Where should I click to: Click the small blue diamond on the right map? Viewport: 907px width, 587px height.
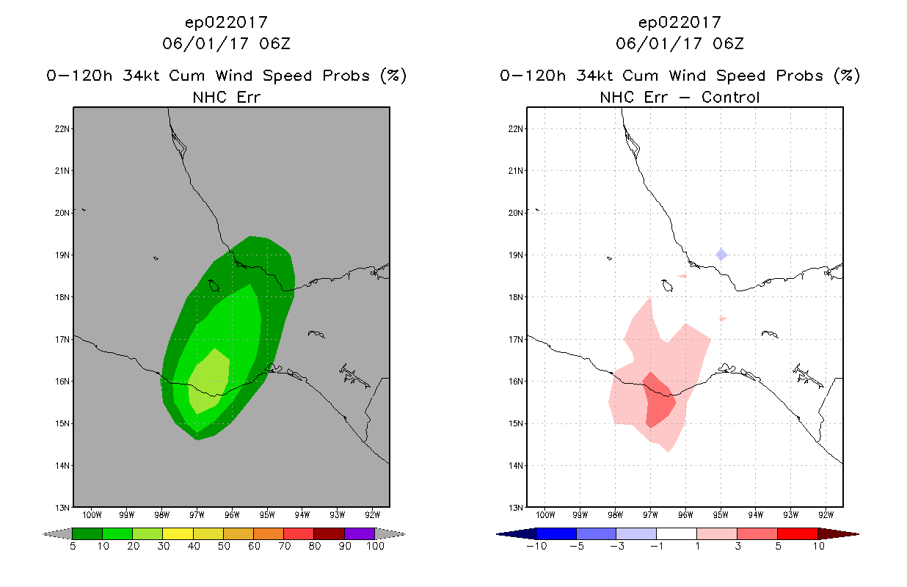(721, 255)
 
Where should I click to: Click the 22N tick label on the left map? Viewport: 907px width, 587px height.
(62, 128)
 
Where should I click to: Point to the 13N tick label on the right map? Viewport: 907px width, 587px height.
(515, 508)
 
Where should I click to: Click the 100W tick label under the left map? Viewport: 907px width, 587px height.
(92, 515)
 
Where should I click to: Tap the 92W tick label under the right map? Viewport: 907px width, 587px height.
(826, 515)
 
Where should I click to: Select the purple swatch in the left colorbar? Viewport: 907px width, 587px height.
(360, 533)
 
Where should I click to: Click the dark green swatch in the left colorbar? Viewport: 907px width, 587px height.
(87, 533)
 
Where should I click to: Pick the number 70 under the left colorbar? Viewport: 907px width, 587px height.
(284, 546)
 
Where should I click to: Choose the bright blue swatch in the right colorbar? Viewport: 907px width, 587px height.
(556, 533)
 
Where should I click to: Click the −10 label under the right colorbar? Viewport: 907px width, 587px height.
(536, 546)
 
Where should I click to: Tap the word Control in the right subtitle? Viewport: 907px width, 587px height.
(730, 97)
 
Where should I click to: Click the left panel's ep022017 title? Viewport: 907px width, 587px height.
(226, 22)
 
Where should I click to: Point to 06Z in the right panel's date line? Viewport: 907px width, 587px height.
(728, 43)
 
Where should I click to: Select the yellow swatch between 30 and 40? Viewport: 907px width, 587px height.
(178, 533)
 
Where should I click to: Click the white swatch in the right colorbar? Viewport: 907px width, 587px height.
(677, 533)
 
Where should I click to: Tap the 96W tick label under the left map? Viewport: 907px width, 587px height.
(232, 515)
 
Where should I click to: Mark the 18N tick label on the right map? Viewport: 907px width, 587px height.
(515, 297)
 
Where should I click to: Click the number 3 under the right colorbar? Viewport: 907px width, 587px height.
(737, 546)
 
